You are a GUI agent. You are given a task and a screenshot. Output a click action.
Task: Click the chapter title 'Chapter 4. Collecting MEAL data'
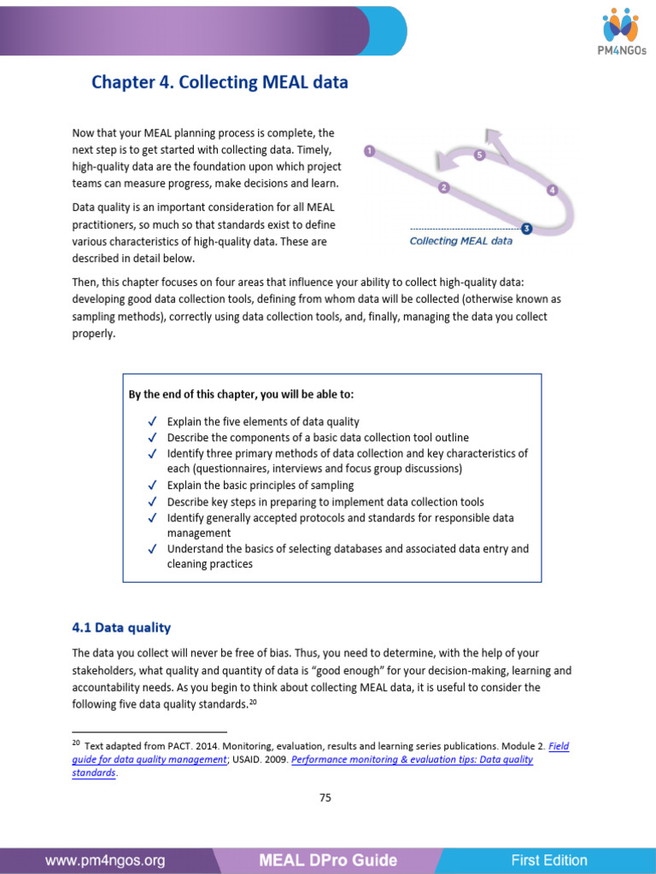tap(220, 83)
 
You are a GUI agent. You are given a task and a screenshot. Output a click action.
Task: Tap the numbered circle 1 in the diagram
tap(369, 151)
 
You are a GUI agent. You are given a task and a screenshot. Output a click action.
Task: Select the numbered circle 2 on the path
tap(442, 188)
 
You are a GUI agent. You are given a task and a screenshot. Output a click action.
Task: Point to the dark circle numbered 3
tap(526, 228)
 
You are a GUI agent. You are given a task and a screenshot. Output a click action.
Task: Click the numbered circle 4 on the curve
tap(552, 190)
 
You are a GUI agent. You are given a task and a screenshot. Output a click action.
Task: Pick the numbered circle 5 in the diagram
tap(479, 155)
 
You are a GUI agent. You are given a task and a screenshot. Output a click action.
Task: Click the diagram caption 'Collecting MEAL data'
tap(461, 242)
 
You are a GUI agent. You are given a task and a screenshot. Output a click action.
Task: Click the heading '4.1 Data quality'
tap(121, 627)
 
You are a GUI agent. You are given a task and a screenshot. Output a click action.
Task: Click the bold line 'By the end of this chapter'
tap(241, 394)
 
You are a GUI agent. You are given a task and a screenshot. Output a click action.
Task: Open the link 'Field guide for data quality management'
tap(321, 752)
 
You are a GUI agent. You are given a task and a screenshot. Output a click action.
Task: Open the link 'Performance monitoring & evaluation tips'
tap(412, 759)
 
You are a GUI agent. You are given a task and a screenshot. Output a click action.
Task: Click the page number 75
tap(325, 798)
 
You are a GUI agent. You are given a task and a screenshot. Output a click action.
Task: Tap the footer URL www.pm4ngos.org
tap(105, 860)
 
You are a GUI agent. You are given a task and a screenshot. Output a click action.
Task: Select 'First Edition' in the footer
tap(549, 860)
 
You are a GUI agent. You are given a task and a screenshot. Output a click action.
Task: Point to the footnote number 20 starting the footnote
tap(76, 744)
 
